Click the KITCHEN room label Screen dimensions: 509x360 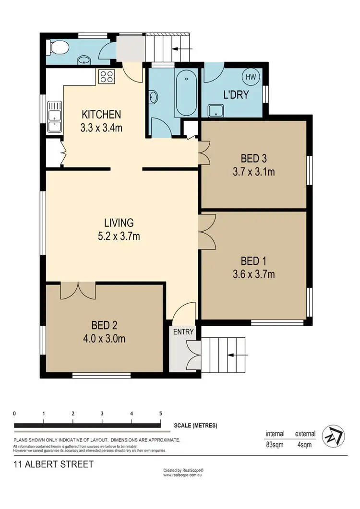(x=101, y=114)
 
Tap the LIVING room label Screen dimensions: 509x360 (x=119, y=223)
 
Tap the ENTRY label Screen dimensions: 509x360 (x=183, y=331)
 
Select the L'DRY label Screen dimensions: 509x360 (x=236, y=95)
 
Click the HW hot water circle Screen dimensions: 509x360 (x=251, y=77)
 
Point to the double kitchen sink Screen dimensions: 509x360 (x=55, y=117)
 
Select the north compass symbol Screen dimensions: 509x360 (x=332, y=436)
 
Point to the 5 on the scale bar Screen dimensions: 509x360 (x=160, y=413)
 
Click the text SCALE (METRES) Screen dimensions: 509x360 (x=195, y=426)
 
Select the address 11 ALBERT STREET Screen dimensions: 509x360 (x=53, y=464)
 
